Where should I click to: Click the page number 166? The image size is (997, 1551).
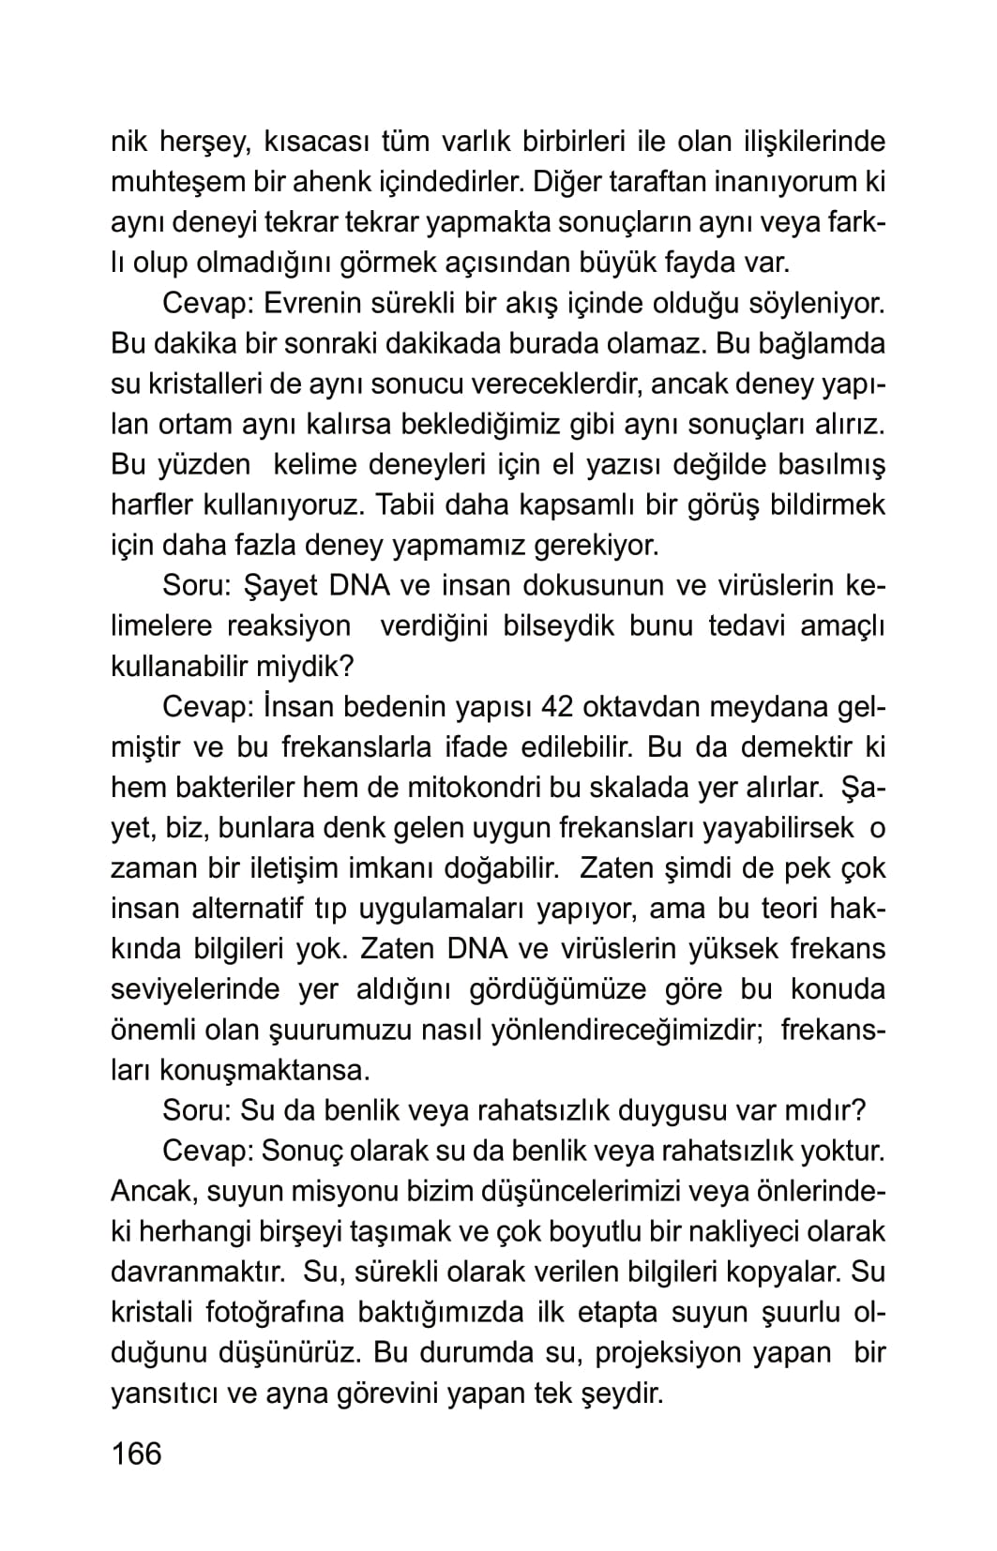tap(136, 1453)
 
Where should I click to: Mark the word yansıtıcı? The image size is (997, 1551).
tap(167, 1393)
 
